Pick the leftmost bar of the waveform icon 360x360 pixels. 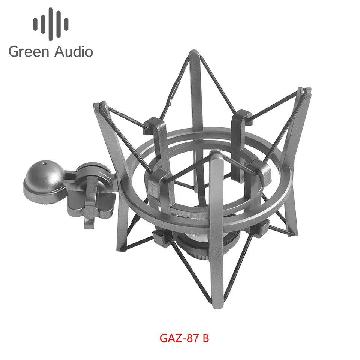click(x=35, y=24)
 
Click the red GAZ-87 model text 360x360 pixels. click(x=180, y=338)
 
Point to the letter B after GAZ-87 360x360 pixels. click(x=205, y=338)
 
